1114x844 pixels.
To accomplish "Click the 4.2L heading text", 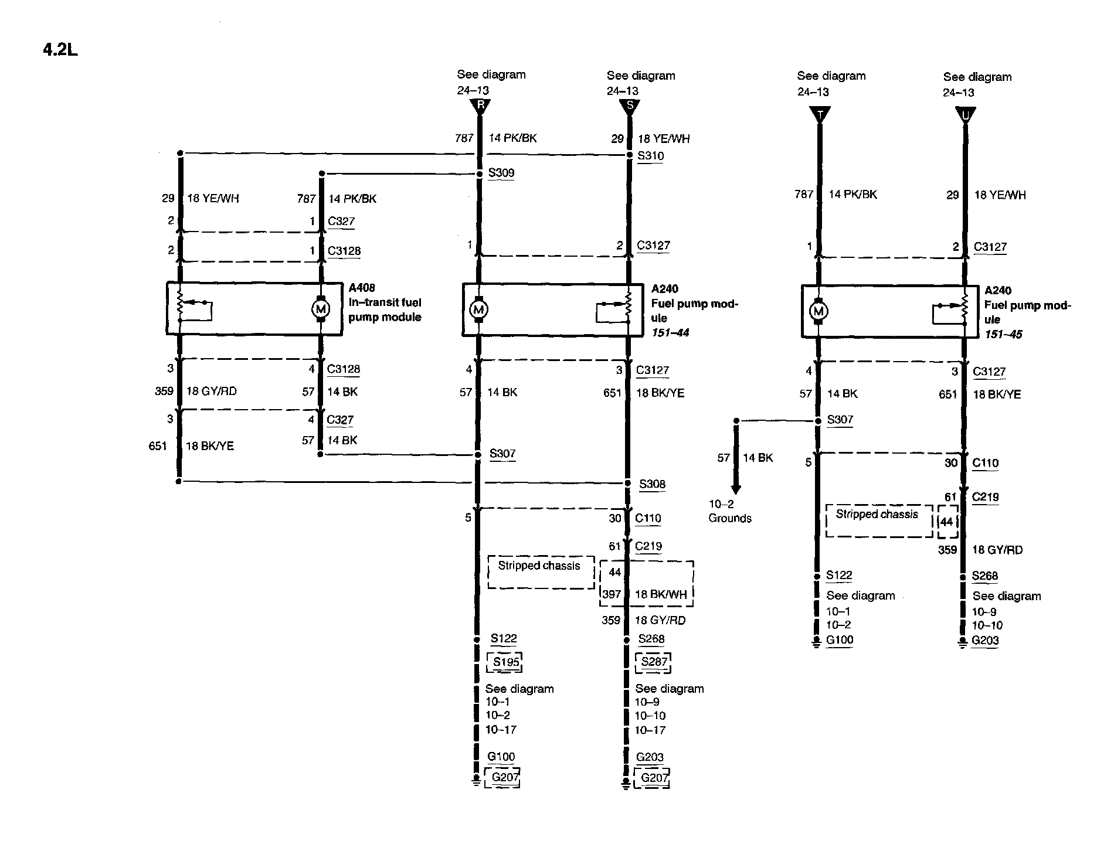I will click(x=60, y=50).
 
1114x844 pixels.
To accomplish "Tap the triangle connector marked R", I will click(x=480, y=106).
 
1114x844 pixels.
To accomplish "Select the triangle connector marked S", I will click(x=630, y=107).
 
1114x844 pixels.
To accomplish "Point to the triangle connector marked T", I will click(x=819, y=114).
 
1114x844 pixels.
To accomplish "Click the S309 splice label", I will click(x=501, y=173).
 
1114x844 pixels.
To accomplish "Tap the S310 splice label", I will click(x=650, y=156).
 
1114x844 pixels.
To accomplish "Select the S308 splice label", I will click(x=652, y=484).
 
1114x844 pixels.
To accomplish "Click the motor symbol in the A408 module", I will click(x=321, y=309).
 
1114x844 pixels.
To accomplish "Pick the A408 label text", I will click(x=362, y=288).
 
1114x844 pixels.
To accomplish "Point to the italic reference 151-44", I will click(x=670, y=333).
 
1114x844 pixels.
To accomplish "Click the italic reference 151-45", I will click(x=1003, y=334).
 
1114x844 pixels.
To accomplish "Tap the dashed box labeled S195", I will click(x=505, y=662).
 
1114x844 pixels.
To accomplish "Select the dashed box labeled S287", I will click(x=654, y=662).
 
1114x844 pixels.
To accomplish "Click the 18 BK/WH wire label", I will click(x=660, y=594).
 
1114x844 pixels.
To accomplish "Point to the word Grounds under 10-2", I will click(x=730, y=518).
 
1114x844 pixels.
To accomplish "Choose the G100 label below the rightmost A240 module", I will click(x=840, y=640).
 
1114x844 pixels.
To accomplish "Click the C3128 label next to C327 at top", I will click(x=344, y=251).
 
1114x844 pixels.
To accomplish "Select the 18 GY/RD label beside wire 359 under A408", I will click(x=211, y=391).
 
